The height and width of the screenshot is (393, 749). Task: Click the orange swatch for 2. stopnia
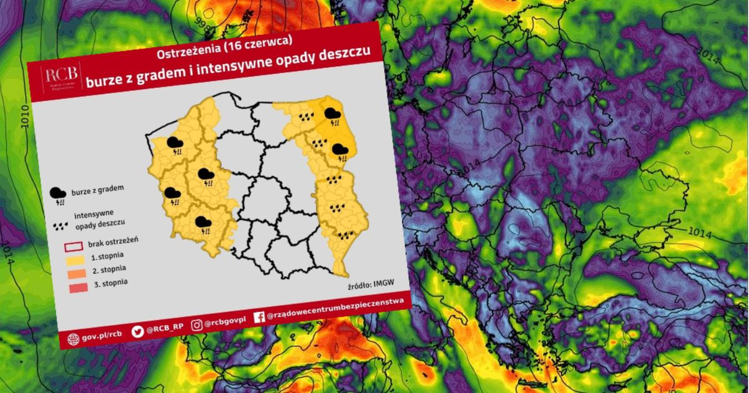(74, 274)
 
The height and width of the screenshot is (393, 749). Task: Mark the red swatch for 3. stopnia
(75, 289)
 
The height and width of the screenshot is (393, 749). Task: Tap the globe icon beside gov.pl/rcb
(74, 339)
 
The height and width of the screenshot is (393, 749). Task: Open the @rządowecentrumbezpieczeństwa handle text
(335, 308)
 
